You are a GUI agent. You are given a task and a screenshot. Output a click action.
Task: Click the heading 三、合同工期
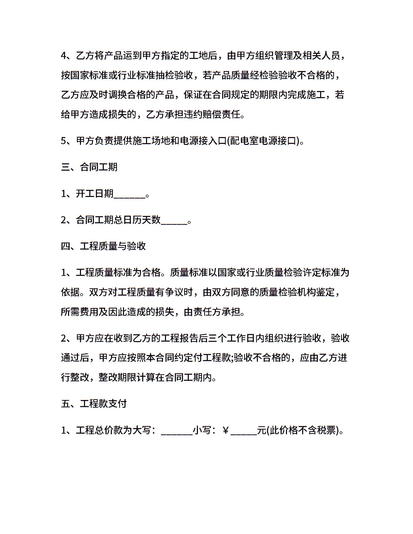[89, 167]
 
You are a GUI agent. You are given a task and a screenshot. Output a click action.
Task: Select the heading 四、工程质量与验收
[103, 246]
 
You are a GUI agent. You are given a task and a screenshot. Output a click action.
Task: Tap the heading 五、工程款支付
[94, 404]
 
